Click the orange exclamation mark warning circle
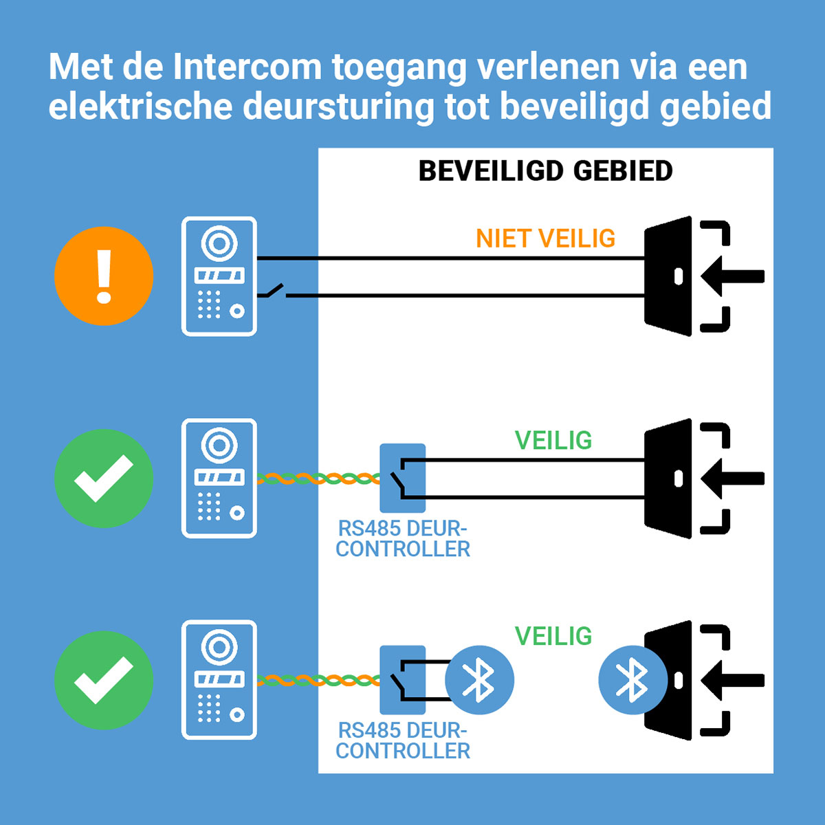pos(104,276)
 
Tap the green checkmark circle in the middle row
pos(104,478)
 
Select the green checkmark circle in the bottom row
pos(104,679)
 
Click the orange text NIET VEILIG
pos(545,239)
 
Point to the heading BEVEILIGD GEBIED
pos(545,171)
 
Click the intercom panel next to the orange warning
pos(219,276)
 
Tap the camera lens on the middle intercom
pos(219,445)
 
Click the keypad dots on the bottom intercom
pos(209,707)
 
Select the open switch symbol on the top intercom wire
pos(272,291)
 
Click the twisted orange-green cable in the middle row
pos(318,478)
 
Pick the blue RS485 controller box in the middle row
pos(402,478)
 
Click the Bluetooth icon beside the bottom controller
pos(479,680)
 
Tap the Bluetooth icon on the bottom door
pos(632,680)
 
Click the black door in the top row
pos(668,276)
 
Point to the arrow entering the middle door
pos(732,478)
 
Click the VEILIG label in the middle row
pos(553,440)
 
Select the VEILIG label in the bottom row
pos(553,636)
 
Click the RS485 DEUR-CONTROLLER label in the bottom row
pos(403,740)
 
